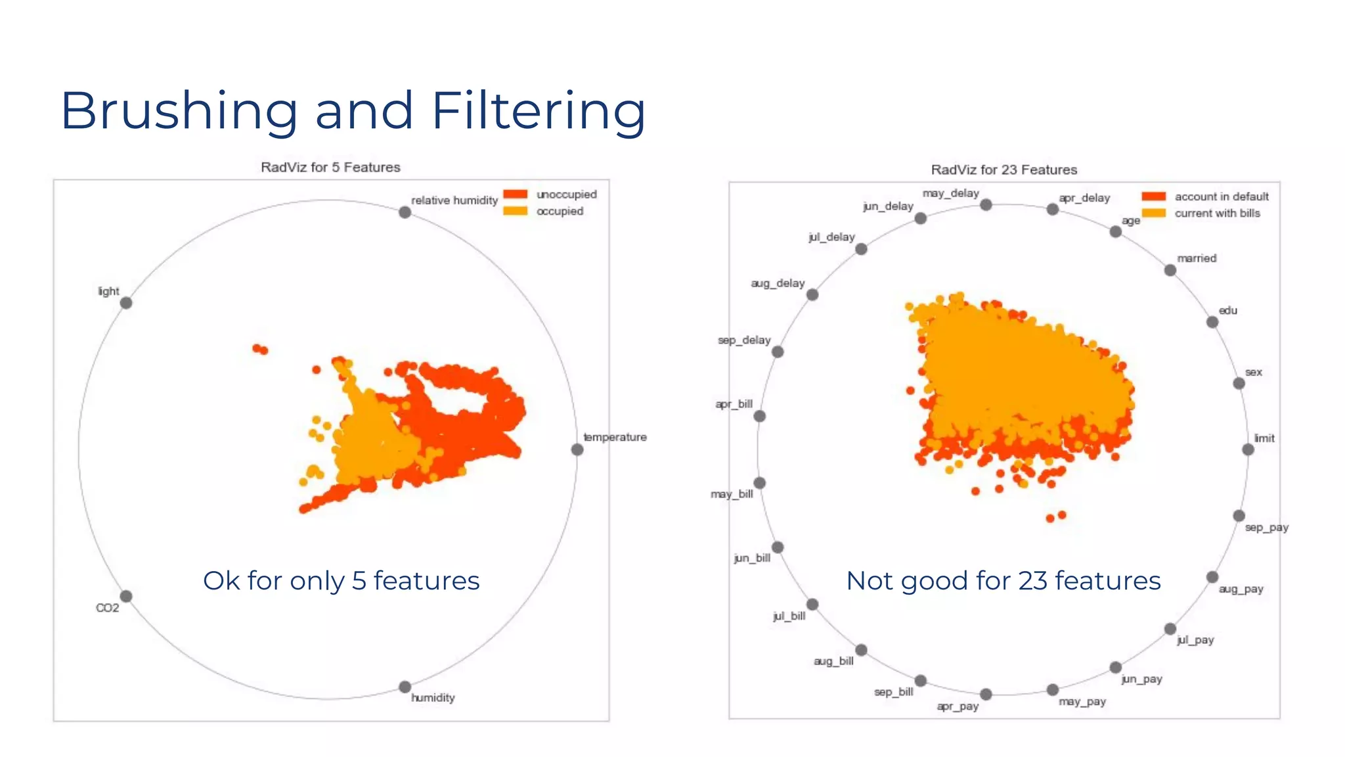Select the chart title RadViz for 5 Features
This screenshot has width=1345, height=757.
pos(330,168)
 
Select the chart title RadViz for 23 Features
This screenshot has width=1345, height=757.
pos(1003,170)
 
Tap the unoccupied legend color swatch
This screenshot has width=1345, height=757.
pos(516,195)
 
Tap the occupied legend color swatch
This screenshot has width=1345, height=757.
pos(516,211)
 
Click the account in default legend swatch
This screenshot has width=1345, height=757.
pos(1154,196)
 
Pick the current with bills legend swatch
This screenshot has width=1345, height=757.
pos(1154,213)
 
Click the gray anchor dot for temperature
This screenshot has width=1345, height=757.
pos(577,449)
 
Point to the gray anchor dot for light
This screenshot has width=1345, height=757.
pos(126,303)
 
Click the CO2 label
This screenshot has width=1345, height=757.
pos(108,608)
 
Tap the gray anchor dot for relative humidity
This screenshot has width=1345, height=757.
pos(405,212)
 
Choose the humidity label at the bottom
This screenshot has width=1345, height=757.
pos(433,698)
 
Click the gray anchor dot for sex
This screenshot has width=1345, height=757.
pos(1239,383)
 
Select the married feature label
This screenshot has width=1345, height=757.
pos(1197,258)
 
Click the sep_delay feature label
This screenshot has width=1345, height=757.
pos(744,340)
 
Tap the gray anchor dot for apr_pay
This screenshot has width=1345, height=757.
pos(986,694)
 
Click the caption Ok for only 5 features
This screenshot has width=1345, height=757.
pos(341,581)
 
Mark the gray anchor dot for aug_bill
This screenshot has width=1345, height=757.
pos(861,650)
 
